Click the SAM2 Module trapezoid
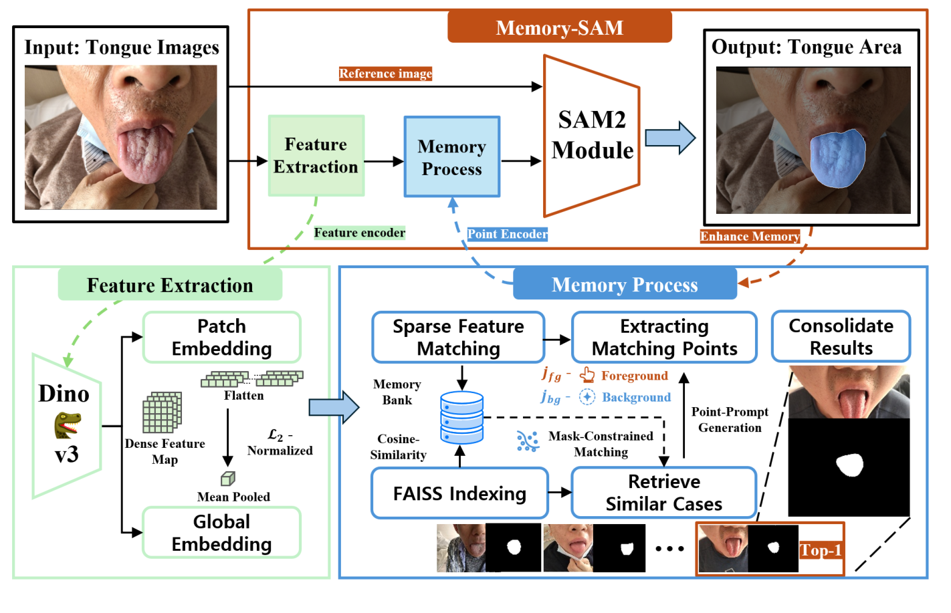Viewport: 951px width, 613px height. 591,136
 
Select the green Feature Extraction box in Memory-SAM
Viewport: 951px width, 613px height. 316,156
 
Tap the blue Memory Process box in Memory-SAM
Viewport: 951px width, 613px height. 451,157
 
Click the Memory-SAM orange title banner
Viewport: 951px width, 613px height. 559,27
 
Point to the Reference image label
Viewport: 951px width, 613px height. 385,74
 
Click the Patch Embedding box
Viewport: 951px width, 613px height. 221,338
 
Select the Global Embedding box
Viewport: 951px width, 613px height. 221,533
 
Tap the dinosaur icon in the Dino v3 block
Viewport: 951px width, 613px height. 68,424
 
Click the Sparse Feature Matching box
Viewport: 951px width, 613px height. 458,338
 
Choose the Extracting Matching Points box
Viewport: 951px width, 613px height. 664,338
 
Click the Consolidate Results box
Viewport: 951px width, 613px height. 841,337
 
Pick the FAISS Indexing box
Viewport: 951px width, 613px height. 459,494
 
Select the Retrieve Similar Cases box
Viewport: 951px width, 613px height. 663,493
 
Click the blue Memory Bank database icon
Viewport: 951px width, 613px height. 461,418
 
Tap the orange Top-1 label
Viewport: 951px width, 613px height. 820,550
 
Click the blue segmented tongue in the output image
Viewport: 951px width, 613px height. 837,158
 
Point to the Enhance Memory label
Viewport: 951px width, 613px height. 749,237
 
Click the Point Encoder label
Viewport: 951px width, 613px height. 507,234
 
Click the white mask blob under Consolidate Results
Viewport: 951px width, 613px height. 850,464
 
